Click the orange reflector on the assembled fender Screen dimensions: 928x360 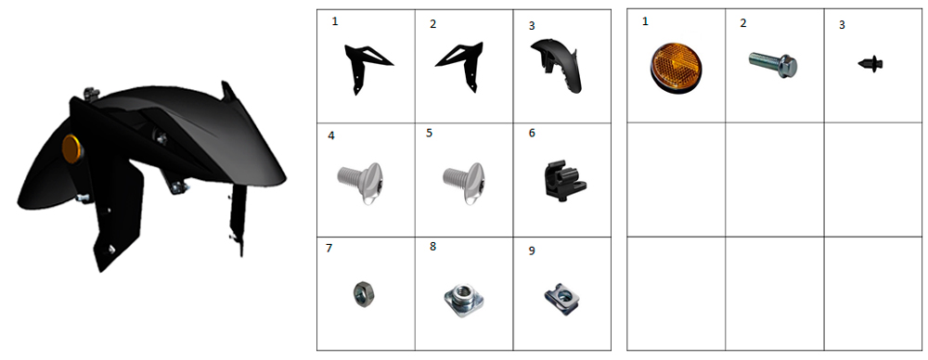click(71, 148)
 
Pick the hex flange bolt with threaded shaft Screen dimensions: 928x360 click(772, 63)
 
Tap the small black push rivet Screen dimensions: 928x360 click(871, 63)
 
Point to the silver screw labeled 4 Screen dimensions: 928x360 click(362, 183)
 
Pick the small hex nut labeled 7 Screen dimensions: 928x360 click(359, 292)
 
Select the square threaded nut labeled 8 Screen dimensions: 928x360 click(463, 299)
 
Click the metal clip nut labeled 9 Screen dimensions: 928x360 click(561, 298)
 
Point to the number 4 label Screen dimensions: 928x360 click(331, 135)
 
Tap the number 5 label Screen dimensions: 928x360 click(429, 134)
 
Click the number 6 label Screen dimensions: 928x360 click(532, 134)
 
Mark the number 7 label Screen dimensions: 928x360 click(329, 248)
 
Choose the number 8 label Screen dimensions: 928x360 click(433, 246)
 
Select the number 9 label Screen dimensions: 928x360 click(532, 251)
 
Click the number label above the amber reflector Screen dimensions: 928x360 click(645, 22)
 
